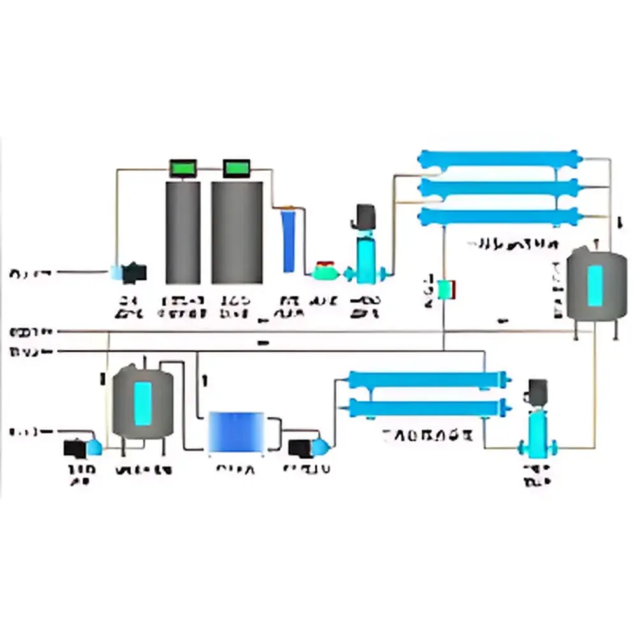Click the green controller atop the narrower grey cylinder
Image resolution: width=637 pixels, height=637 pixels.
(x=183, y=168)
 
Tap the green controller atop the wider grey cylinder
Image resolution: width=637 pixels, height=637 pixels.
(x=237, y=168)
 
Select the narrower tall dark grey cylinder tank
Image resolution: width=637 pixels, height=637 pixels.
(x=183, y=233)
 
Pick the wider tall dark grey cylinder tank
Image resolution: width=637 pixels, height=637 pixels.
(x=237, y=233)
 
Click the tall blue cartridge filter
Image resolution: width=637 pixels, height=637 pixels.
(x=289, y=241)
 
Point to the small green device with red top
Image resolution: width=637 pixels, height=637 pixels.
(x=325, y=269)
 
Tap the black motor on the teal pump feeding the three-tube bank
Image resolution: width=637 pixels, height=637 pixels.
(x=366, y=214)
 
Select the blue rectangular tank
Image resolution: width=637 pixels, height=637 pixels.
(x=237, y=433)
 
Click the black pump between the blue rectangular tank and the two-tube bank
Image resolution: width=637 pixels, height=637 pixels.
(x=300, y=448)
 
